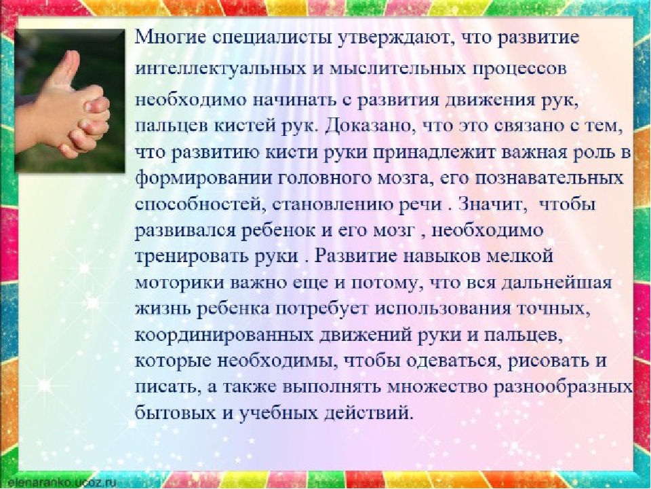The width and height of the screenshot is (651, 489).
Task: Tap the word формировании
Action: point(202,179)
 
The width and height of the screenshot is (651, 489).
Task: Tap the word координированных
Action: point(224,336)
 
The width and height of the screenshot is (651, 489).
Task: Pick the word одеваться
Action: point(452,361)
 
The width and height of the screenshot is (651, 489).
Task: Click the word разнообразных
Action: point(564,388)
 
